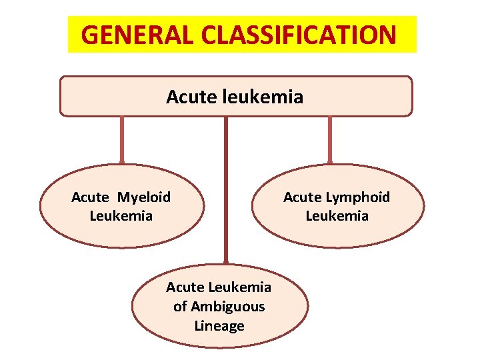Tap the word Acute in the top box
[186, 97]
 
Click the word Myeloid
[144, 197]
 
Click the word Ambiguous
[228, 307]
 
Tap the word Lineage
[219, 326]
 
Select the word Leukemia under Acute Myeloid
[121, 216]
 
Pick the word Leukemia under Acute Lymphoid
[337, 216]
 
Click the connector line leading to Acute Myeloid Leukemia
[122, 140]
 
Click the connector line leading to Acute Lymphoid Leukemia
[330, 140]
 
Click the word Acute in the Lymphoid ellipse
[303, 197]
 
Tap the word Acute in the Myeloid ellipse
[90, 197]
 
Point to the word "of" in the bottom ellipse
[180, 307]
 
